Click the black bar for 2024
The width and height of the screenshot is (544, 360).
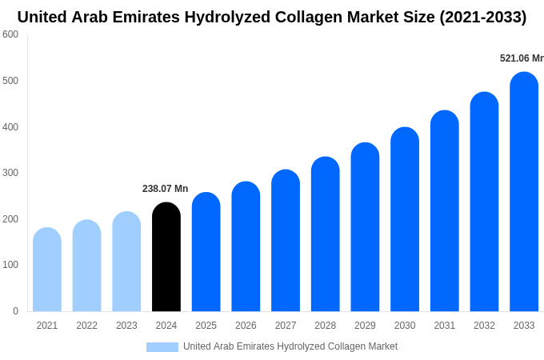pyautogui.click(x=166, y=257)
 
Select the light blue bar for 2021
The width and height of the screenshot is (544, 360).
pyautogui.click(x=47, y=270)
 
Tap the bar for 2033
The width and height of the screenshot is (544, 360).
pyautogui.click(x=524, y=192)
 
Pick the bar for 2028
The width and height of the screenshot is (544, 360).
pyautogui.click(x=326, y=234)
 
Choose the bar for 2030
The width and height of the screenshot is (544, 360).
pyautogui.click(x=405, y=219)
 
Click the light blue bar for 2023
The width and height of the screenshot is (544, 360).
pyautogui.click(x=126, y=262)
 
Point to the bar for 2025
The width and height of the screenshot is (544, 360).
pyautogui.click(x=206, y=252)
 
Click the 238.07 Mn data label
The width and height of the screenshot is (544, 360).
pyautogui.click(x=165, y=189)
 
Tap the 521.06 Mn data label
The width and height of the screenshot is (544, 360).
pyautogui.click(x=521, y=58)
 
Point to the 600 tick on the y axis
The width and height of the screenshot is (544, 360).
pyautogui.click(x=10, y=34)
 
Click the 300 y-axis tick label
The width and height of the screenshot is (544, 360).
pyautogui.click(x=10, y=173)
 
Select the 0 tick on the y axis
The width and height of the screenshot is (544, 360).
pyautogui.click(x=15, y=311)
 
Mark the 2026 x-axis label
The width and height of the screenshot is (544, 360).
pyautogui.click(x=246, y=326)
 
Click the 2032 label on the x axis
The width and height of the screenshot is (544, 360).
pyautogui.click(x=484, y=326)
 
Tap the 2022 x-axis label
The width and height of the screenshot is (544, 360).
pyautogui.click(x=86, y=326)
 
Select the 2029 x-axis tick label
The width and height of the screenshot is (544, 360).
pyautogui.click(x=365, y=326)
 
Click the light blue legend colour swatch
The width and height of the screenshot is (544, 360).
pyautogui.click(x=162, y=347)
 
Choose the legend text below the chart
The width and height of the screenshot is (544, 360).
pyautogui.click(x=290, y=346)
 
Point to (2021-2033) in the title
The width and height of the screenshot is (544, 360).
pyautogui.click(x=482, y=17)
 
